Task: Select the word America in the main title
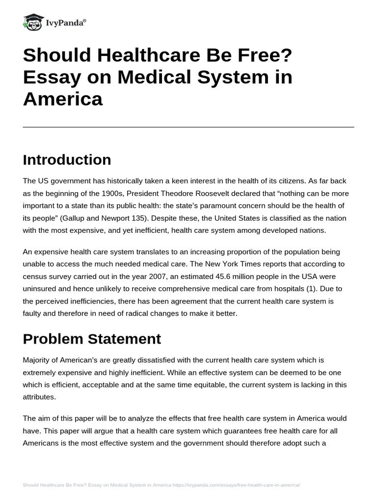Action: (x=62, y=99)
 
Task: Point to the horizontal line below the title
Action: (x=188, y=127)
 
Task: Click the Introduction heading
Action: (x=67, y=160)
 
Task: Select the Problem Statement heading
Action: (x=92, y=338)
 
